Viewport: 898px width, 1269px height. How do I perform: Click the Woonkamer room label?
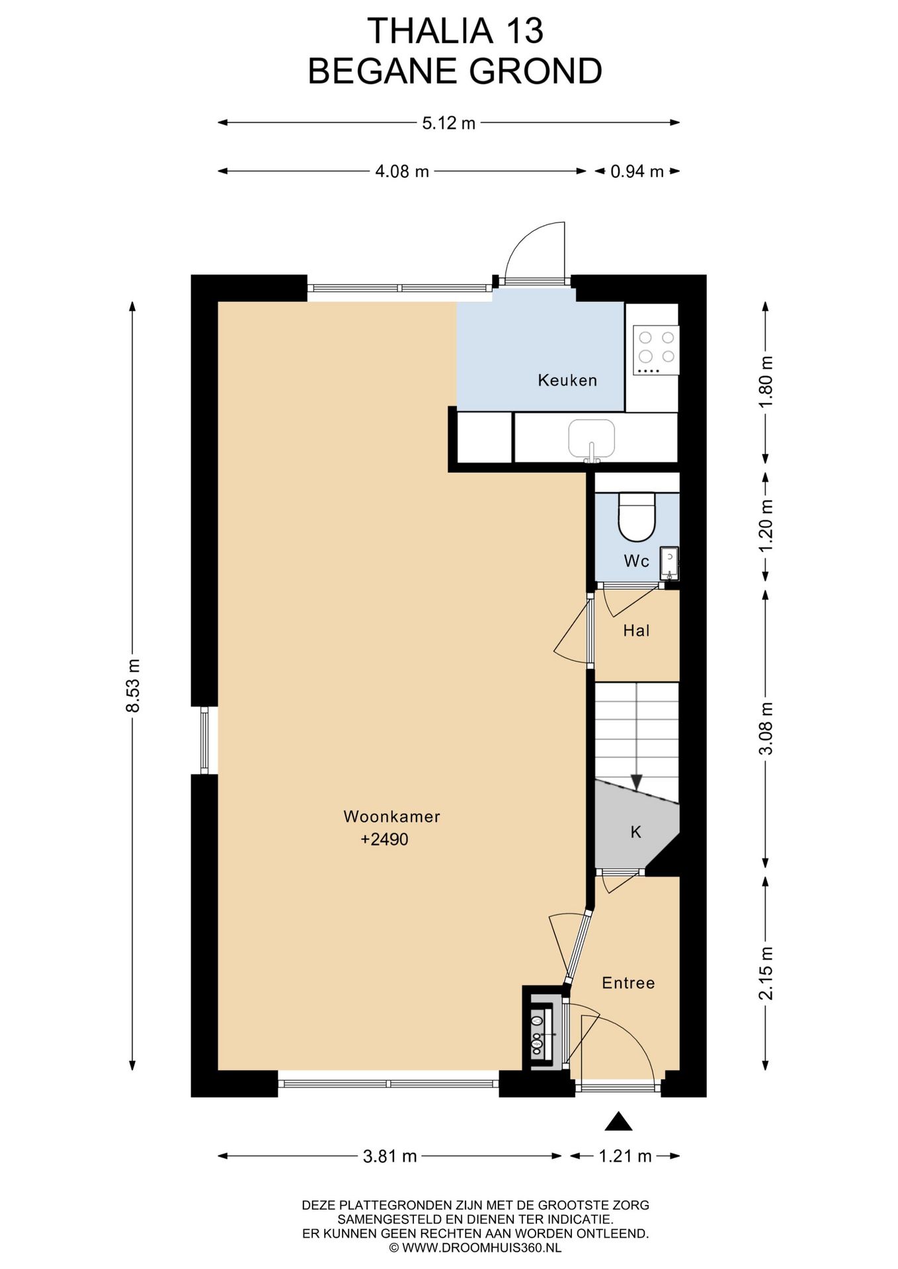[x=391, y=816]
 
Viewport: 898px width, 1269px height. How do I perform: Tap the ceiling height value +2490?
[x=384, y=839]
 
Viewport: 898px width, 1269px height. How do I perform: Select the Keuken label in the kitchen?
[x=567, y=380]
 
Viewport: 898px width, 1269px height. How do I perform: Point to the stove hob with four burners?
[x=655, y=350]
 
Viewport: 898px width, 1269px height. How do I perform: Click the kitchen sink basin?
[x=591, y=438]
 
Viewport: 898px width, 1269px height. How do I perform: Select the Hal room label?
[x=636, y=631]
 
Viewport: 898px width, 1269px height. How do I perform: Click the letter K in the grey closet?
[x=635, y=832]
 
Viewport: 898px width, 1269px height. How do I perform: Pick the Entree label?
[x=628, y=983]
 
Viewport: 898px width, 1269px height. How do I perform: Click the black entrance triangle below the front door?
[x=618, y=1122]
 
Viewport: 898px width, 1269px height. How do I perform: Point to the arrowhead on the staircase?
[x=636, y=783]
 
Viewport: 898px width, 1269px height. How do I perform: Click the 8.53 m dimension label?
[x=133, y=685]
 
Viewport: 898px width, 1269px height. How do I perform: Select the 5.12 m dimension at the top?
[x=448, y=123]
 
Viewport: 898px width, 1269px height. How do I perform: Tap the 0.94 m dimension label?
[x=636, y=172]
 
